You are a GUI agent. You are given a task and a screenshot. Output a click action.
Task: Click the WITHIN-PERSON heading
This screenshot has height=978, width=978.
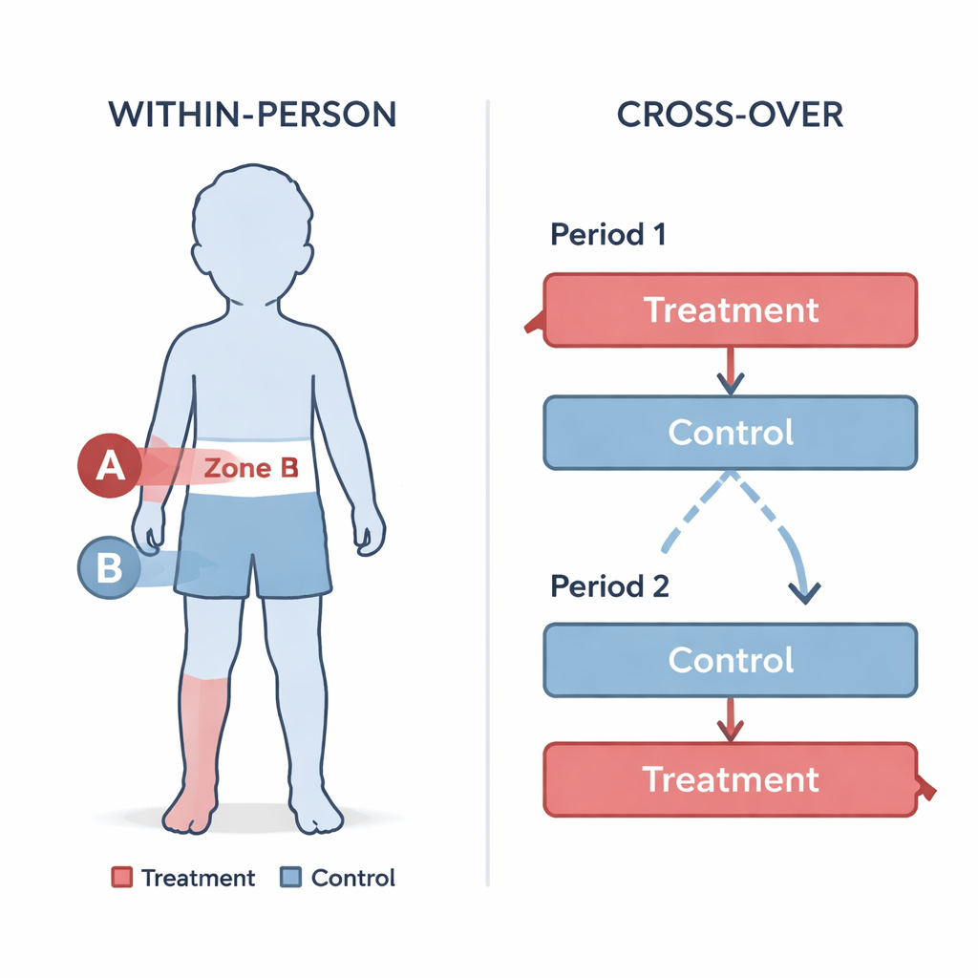[x=252, y=115]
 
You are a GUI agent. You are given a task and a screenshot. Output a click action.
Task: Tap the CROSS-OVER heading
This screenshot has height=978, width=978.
[x=730, y=115]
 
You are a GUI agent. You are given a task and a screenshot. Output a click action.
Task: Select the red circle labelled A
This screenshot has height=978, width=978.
[x=110, y=465]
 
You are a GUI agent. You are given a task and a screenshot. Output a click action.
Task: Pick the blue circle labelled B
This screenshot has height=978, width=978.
[x=109, y=567]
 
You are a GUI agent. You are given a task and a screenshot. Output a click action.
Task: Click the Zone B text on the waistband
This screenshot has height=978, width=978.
[x=251, y=468]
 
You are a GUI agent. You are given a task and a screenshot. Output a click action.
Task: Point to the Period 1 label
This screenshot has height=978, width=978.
[x=608, y=235]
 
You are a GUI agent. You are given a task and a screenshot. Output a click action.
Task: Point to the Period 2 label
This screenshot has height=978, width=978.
[x=609, y=586]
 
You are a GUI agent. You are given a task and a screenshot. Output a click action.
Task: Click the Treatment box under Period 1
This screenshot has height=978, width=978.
[x=731, y=310]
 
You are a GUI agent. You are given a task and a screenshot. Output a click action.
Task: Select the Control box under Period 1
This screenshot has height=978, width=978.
[x=731, y=433]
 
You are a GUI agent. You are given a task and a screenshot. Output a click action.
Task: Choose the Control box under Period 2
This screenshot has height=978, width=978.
[x=731, y=660]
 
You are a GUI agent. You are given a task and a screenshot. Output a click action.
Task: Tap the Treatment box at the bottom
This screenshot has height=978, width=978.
[x=731, y=779]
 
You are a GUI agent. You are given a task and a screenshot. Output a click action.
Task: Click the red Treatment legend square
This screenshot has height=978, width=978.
[x=121, y=877]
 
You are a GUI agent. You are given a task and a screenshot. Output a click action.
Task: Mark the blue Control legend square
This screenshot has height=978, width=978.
[x=290, y=877]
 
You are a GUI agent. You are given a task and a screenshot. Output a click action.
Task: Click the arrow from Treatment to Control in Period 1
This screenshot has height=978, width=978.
[x=731, y=372]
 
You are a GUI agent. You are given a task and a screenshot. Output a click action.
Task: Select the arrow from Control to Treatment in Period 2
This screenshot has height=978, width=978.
[x=731, y=720]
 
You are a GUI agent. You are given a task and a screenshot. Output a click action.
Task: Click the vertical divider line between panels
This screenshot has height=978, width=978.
[x=487, y=493]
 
